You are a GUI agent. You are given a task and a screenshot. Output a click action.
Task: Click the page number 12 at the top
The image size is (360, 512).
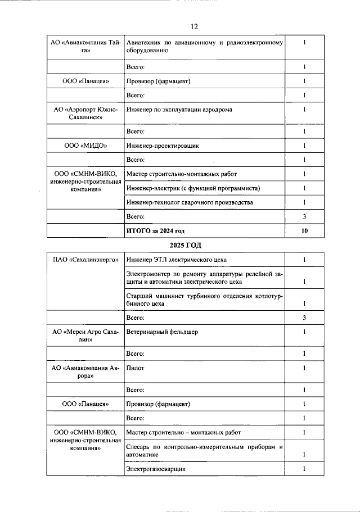tap(194, 26)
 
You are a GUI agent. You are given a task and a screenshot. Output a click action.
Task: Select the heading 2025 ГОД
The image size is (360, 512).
tap(186, 245)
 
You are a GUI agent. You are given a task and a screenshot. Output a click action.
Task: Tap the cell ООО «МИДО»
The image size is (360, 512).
tap(85, 146)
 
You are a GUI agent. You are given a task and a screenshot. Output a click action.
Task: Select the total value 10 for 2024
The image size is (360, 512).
tap(304, 231)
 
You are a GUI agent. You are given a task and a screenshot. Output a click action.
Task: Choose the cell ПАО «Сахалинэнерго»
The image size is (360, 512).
tap(85, 260)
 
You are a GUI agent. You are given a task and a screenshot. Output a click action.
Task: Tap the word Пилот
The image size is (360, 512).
tap(136, 368)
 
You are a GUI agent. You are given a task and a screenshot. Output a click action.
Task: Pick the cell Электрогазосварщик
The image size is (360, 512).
tap(156, 468)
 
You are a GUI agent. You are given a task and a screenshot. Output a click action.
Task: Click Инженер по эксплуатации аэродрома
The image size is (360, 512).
tap(179, 110)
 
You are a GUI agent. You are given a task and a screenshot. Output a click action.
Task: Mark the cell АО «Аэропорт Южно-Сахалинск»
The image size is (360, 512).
tap(85, 114)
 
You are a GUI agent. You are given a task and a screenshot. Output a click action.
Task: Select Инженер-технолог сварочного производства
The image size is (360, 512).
tap(190, 202)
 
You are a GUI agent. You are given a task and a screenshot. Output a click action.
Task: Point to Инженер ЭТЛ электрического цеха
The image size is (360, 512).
tap(177, 260)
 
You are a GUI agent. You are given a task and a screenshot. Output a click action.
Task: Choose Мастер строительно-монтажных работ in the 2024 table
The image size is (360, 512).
tap(182, 174)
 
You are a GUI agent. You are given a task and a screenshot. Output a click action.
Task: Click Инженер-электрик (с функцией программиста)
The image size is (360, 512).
tap(194, 188)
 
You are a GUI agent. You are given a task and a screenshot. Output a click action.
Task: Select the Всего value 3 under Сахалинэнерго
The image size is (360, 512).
tap(304, 318)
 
